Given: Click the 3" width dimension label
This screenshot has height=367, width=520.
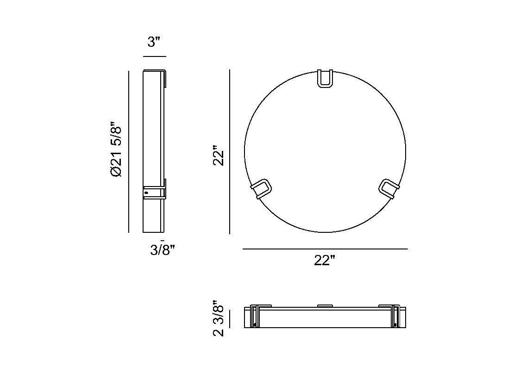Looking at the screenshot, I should (x=154, y=42).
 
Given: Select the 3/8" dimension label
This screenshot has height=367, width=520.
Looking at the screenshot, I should (x=162, y=250).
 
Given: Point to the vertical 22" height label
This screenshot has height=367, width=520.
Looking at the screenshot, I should (x=219, y=157).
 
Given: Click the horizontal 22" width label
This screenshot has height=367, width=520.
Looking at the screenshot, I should (x=324, y=261).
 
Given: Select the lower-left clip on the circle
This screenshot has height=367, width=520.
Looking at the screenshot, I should (x=261, y=188).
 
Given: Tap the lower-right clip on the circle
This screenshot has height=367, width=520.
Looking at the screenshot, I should (x=388, y=188).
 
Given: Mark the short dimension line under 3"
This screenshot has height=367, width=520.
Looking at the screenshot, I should (x=154, y=56).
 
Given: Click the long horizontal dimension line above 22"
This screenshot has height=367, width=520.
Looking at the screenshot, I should (x=325, y=249).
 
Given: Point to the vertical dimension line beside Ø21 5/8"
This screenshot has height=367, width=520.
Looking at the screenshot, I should (x=129, y=151).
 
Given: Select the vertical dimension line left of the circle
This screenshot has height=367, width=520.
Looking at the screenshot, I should (x=230, y=151).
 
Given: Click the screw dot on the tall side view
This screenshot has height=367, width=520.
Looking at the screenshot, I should (x=146, y=192).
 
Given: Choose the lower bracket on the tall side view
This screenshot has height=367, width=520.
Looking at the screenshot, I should (x=155, y=192).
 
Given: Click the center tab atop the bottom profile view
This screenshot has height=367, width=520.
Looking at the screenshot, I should (x=325, y=305).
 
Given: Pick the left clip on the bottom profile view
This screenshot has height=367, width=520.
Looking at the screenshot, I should (x=254, y=316).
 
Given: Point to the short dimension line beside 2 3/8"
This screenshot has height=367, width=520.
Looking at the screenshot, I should (x=230, y=319).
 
